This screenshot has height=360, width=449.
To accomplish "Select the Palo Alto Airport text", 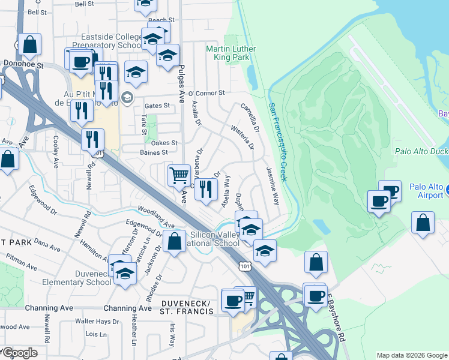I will click(x=426, y=191).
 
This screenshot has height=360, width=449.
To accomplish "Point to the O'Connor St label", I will click(x=206, y=93).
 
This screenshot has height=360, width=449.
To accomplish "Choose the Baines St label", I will click(x=154, y=152).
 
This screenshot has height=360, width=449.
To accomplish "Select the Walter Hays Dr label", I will click(x=89, y=322).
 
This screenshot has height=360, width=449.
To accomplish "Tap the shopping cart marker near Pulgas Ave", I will click(x=179, y=175).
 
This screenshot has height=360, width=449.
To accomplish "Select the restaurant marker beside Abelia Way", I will click(x=206, y=188).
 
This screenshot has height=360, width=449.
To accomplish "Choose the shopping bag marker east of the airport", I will click(x=423, y=222).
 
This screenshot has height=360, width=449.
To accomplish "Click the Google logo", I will click(x=20, y=353).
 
